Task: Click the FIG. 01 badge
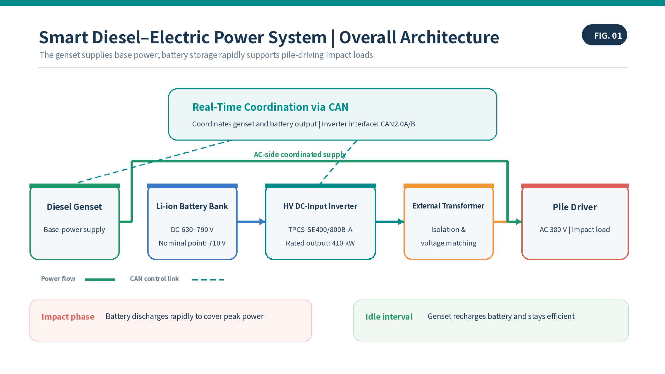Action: pos(604,35)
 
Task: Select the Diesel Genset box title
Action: pos(74,207)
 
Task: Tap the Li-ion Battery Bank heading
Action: pos(192,206)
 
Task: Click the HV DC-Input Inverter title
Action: pos(320,206)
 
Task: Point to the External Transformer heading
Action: pos(449,206)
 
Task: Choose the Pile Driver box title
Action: pos(575,207)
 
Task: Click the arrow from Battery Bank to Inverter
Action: pos(251,222)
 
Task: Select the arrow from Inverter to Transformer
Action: pos(390,222)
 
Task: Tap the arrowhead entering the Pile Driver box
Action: pos(518,222)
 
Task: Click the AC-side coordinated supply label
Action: pos(300,154)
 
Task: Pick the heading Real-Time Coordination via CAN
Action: pos(271,107)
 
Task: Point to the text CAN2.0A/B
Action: pos(398,124)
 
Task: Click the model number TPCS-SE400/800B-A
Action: pos(320,230)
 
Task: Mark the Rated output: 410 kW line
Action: pos(320,243)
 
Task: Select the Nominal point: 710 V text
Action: pos(192,243)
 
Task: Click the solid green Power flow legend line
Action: pos(100,279)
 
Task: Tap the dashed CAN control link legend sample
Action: pos(208,279)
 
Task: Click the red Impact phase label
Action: pos(68,317)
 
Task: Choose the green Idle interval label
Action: pos(389,317)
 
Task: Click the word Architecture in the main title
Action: pos(450,37)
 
